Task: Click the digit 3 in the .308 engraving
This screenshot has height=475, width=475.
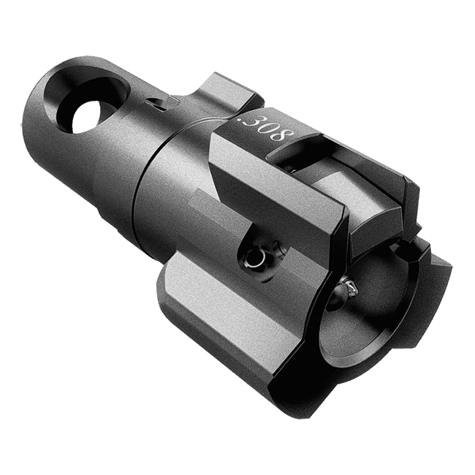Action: coord(254,123)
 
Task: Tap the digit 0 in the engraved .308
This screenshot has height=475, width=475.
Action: coord(268,129)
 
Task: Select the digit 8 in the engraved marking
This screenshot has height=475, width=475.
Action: coord(284,135)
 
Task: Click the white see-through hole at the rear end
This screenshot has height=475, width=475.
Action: coord(86,117)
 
